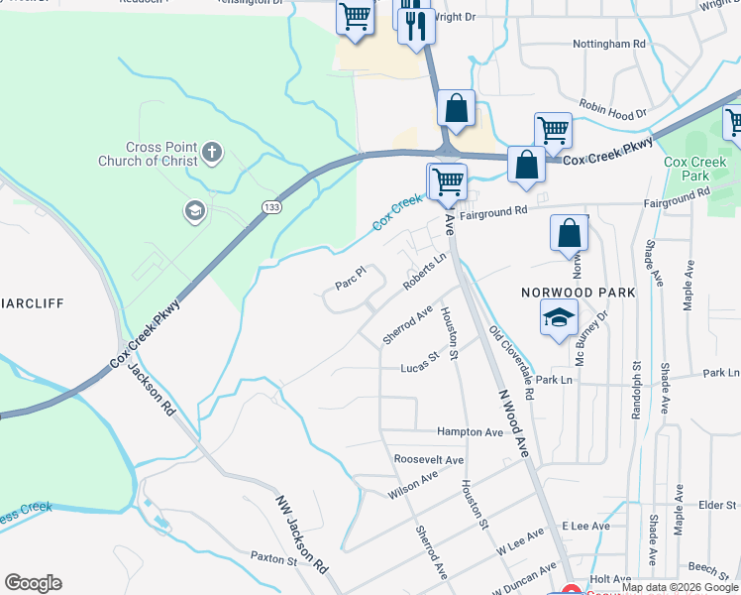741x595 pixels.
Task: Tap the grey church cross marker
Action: [211, 153]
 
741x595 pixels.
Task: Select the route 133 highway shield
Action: [270, 206]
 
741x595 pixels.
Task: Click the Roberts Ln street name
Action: [425, 271]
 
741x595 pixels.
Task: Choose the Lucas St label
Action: [419, 362]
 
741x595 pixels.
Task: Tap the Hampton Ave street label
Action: [471, 432]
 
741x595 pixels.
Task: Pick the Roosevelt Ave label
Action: [429, 460]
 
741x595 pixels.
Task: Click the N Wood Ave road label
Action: [515, 423]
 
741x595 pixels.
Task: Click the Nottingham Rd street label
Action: [609, 45]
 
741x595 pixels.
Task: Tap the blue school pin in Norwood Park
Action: [559, 319]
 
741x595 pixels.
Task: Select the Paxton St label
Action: [273, 559]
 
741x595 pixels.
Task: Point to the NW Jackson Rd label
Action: [301, 533]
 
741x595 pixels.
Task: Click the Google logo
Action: [33, 583]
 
